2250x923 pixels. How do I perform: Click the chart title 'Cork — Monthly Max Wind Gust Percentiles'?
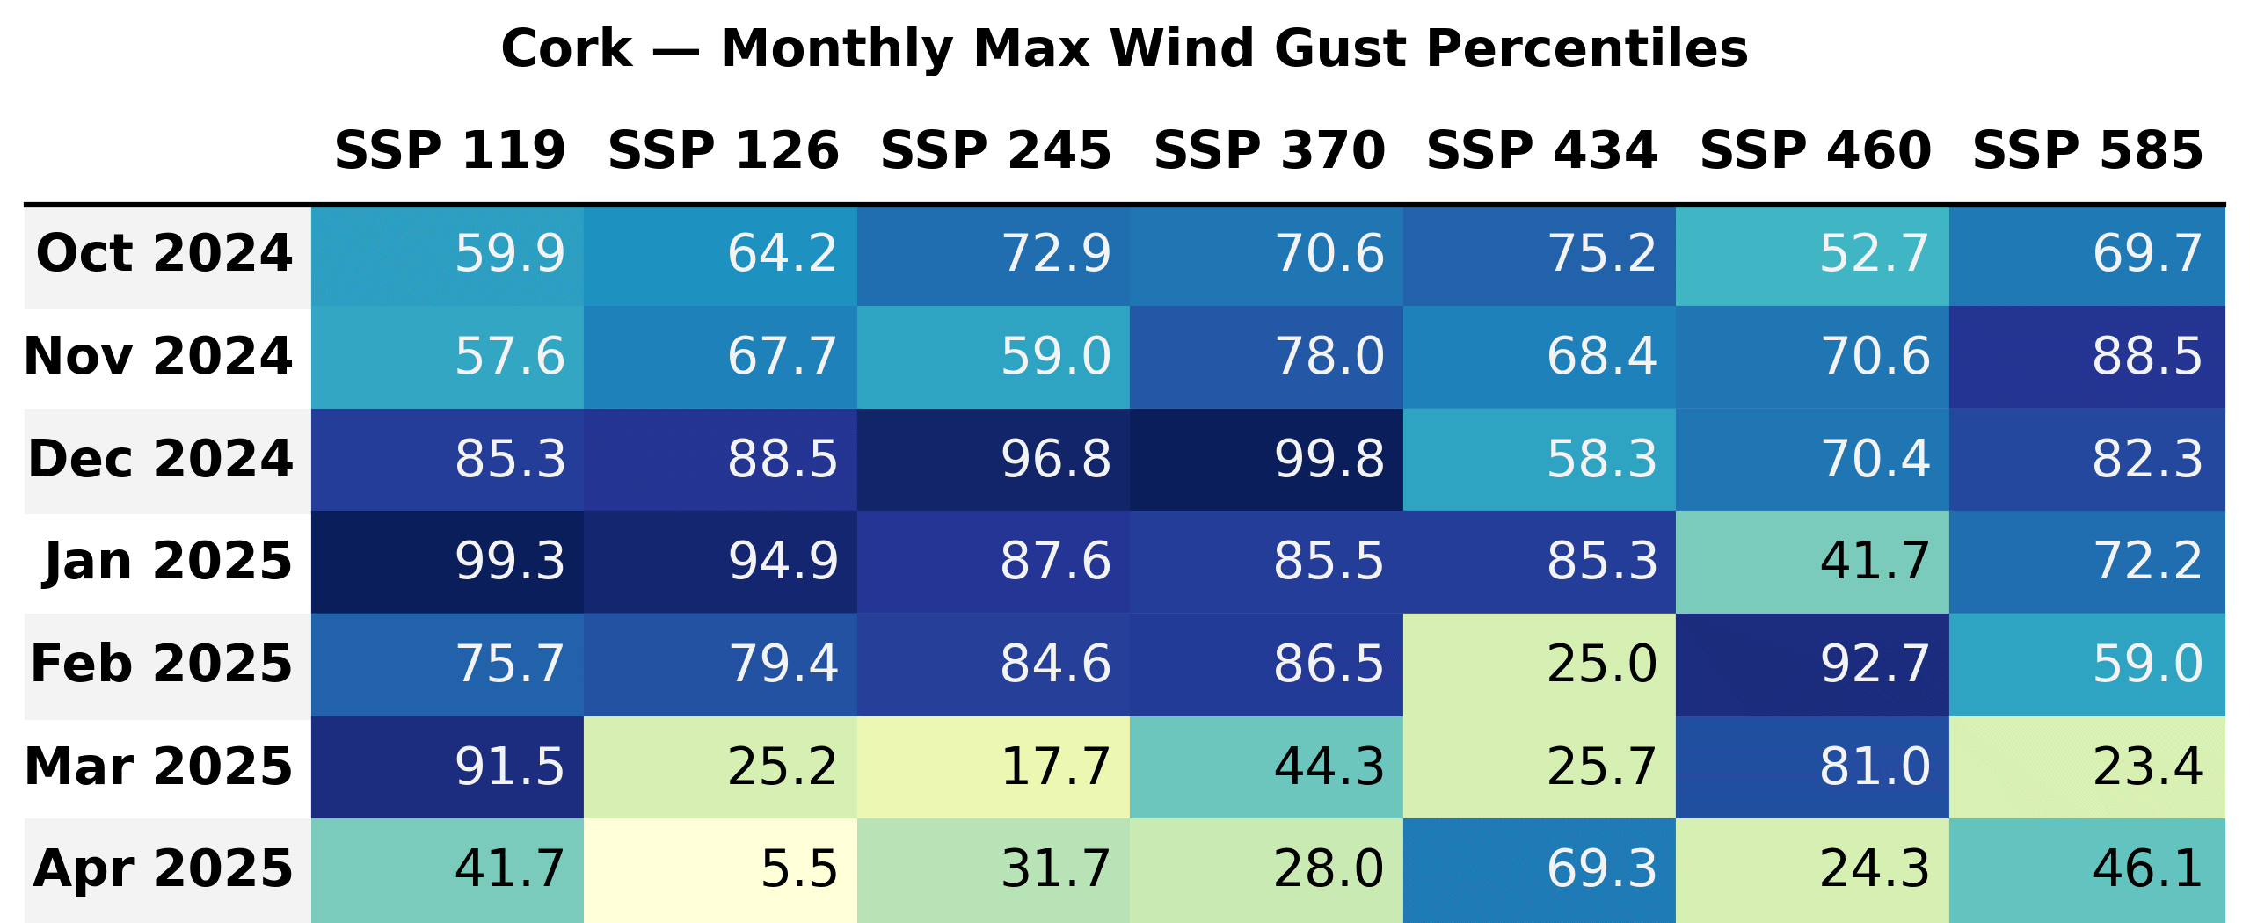1125,48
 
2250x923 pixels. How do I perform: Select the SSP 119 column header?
449,150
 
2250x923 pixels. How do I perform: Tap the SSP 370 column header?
1269,150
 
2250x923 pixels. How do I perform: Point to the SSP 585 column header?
2087,150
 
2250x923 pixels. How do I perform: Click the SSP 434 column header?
1541,150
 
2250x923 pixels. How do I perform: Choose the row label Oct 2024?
164,254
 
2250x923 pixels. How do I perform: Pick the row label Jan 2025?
168,562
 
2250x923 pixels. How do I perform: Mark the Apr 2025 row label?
164,869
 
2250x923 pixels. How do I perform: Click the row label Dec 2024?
161,460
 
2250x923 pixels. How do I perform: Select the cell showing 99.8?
1266,460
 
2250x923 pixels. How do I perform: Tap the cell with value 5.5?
720,869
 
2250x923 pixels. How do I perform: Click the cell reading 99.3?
448,562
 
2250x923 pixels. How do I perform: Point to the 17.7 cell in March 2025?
994,767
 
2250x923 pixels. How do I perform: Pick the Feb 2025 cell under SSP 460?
1812,665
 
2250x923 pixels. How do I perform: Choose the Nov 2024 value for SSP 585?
2086,357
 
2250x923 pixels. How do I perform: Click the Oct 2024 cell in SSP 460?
1812,254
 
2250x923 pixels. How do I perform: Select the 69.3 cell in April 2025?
1540,869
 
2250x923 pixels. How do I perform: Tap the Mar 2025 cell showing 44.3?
1266,767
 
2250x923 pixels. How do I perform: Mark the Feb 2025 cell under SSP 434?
1540,665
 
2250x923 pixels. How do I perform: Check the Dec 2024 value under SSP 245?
994,460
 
